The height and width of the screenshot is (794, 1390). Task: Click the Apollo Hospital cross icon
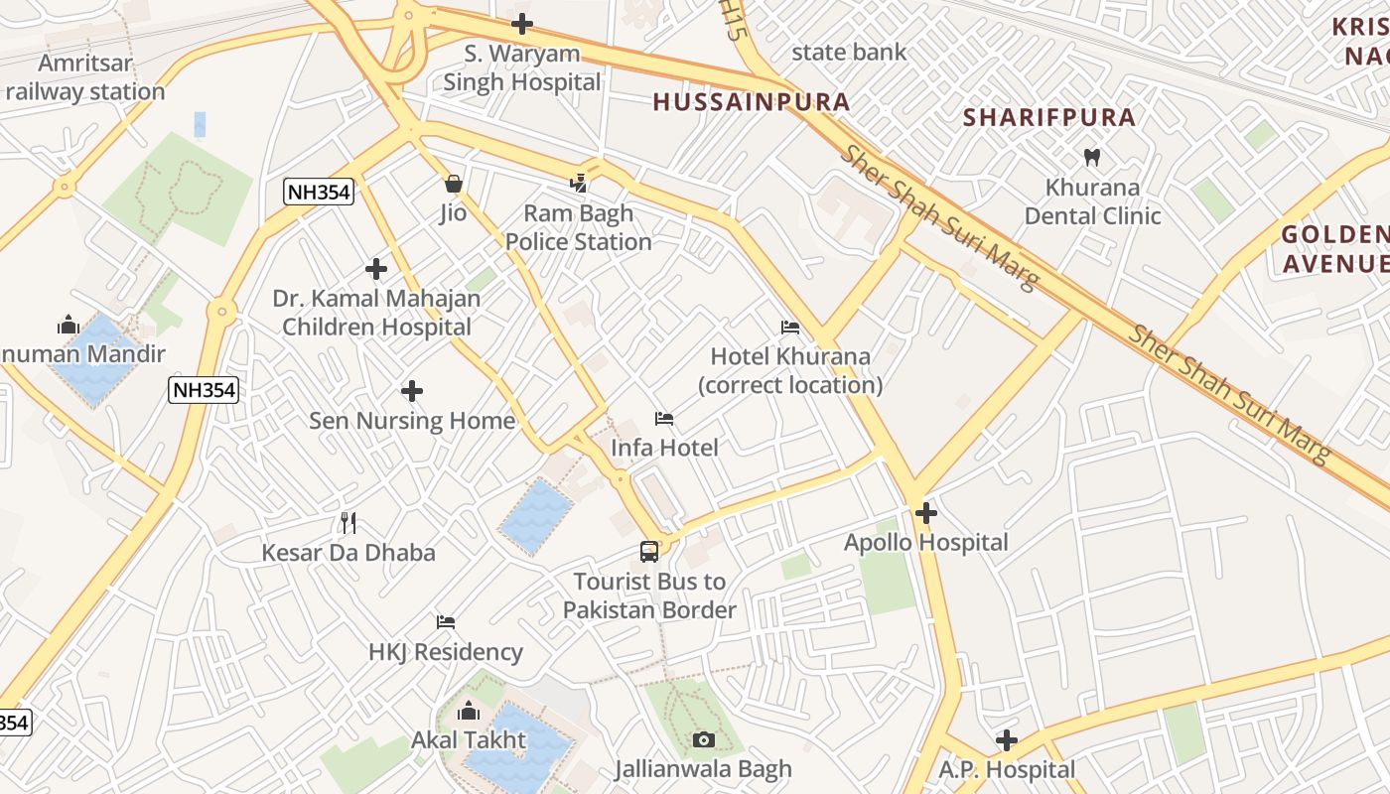click(926, 513)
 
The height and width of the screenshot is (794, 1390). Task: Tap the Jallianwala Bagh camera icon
click(703, 739)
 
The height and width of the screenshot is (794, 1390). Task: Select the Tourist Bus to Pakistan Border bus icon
click(649, 552)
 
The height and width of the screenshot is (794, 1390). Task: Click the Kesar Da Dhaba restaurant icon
click(347, 522)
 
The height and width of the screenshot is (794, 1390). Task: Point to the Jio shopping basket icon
click(454, 184)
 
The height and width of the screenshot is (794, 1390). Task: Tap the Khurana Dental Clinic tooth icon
click(1092, 157)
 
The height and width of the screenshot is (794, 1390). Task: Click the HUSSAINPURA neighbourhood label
click(752, 101)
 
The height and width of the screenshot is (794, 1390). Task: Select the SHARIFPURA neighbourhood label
click(1049, 117)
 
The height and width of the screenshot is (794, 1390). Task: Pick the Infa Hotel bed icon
click(664, 419)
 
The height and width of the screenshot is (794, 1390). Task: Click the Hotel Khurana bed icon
click(790, 327)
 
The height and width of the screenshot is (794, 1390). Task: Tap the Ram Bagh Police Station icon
click(579, 183)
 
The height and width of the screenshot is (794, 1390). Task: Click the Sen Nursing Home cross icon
click(412, 391)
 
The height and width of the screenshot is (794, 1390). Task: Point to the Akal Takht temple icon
click(469, 711)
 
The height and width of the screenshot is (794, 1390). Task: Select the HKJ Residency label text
click(446, 652)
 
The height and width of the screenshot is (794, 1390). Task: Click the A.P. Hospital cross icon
click(1007, 740)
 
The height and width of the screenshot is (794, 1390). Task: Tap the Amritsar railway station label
click(85, 77)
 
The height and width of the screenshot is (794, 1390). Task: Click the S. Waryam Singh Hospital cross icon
click(522, 24)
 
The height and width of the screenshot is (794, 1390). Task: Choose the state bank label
click(849, 52)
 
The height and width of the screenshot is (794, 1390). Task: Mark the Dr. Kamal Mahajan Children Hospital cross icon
click(376, 269)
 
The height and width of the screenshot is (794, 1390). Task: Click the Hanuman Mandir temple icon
click(68, 325)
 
